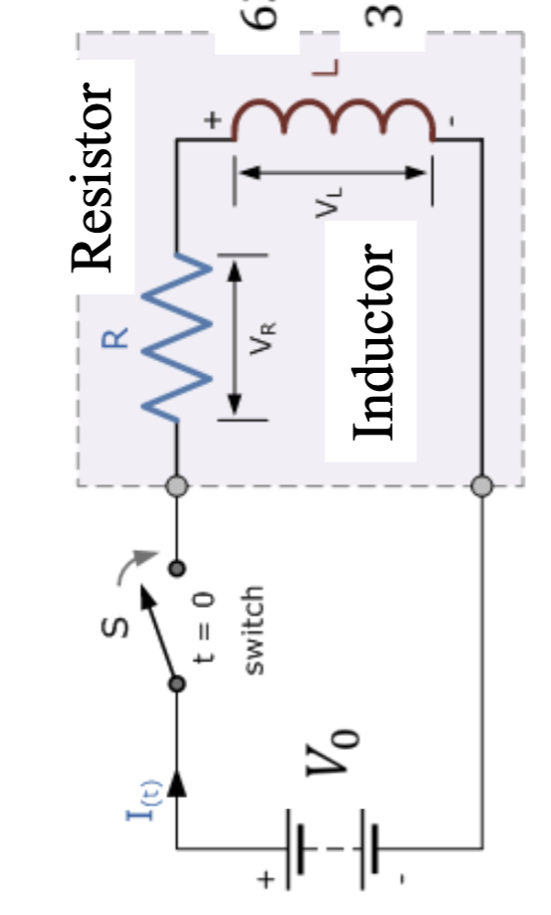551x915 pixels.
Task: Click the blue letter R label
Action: (115, 338)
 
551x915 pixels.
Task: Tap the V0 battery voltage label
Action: (344, 751)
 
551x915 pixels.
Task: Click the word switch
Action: (254, 631)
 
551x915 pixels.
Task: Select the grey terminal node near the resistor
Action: (176, 486)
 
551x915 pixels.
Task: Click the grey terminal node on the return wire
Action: (481, 486)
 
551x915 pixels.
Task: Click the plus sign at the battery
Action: (266, 879)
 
